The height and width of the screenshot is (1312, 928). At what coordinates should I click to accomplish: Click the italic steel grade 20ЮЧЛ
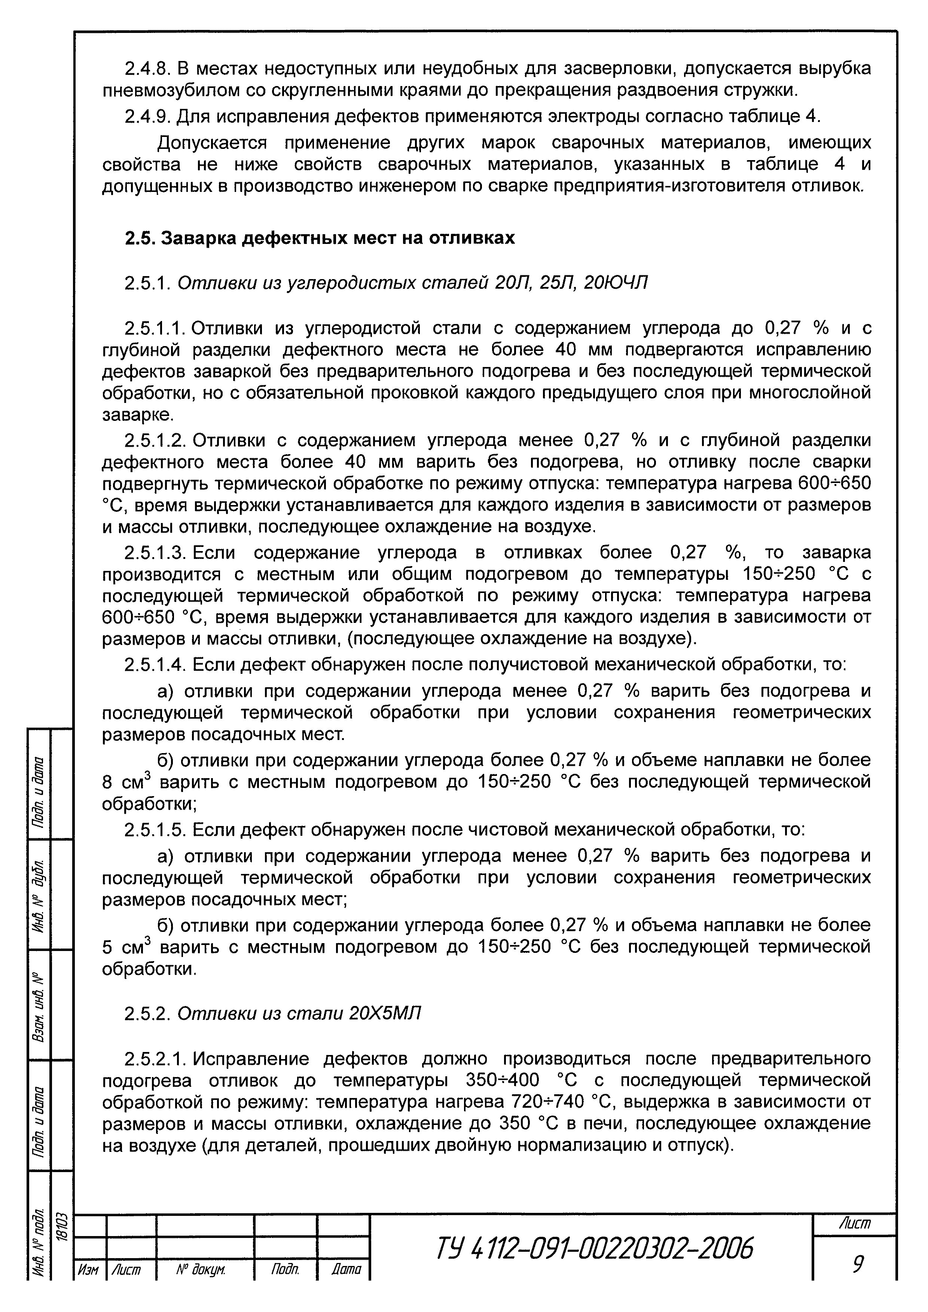616,282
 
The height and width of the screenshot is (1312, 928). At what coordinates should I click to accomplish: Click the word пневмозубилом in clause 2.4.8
170,91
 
